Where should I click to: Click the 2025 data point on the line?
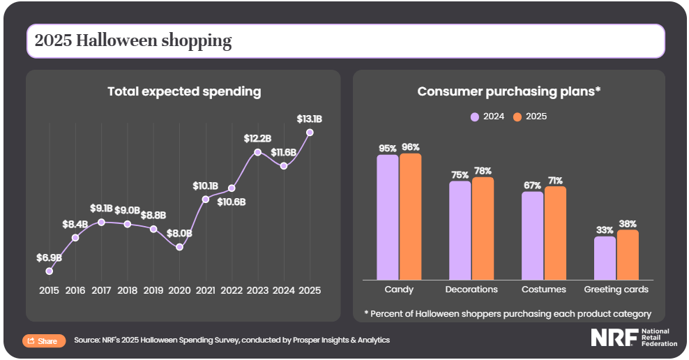pyautogui.click(x=310, y=133)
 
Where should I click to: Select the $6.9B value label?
pyautogui.click(x=49, y=257)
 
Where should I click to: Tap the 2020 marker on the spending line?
pyautogui.click(x=180, y=247)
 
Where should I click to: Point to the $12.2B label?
pyautogui.click(x=257, y=139)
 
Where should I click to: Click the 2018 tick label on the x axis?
pyautogui.click(x=128, y=290)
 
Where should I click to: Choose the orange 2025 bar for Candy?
pyautogui.click(x=410, y=216)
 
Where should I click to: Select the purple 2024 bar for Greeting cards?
pyautogui.click(x=605, y=257)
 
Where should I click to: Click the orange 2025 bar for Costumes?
pyautogui.click(x=555, y=232)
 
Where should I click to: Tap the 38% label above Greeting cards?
pyautogui.click(x=627, y=224)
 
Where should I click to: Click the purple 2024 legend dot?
pyautogui.click(x=475, y=117)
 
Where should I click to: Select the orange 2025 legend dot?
pyautogui.click(x=517, y=117)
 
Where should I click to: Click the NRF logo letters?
pyautogui.click(x=614, y=338)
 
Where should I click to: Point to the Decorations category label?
pyautogui.click(x=471, y=289)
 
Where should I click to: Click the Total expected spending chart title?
pyautogui.click(x=184, y=91)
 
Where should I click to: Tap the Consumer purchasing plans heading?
pyautogui.click(x=509, y=91)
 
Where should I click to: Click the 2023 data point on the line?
pyautogui.click(x=257, y=152)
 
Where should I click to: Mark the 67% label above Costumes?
pyautogui.click(x=532, y=185)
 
